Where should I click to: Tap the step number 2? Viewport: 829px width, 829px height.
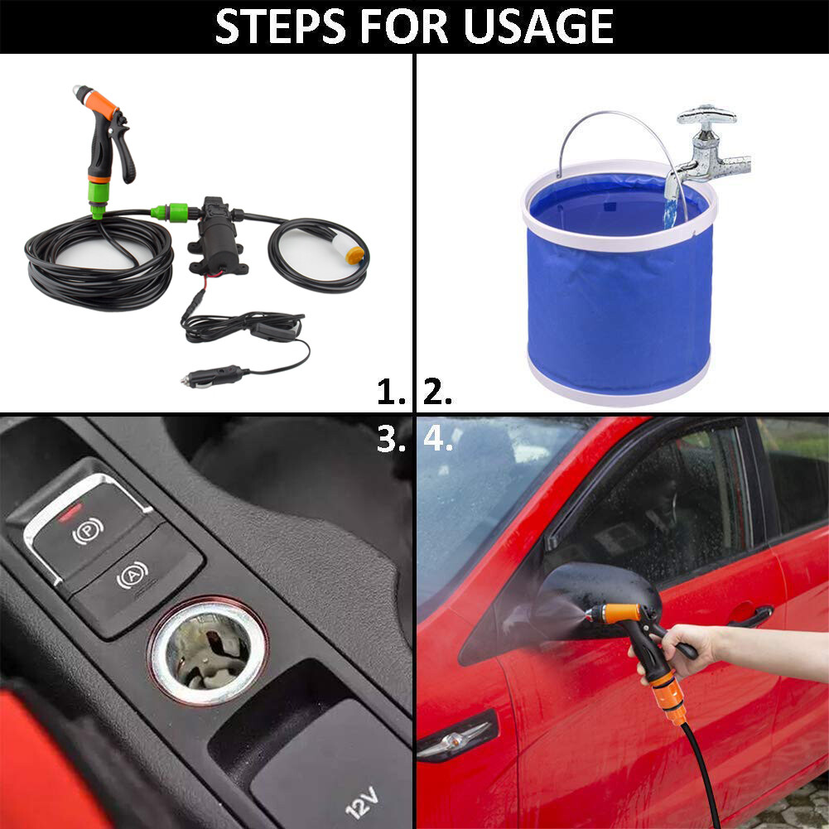click(x=437, y=393)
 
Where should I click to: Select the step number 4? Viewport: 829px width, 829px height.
click(x=438, y=439)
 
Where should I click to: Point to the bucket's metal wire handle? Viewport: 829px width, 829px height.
click(x=613, y=124)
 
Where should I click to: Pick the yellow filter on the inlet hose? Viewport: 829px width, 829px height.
click(x=354, y=253)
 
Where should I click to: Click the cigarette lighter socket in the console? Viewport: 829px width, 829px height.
click(x=207, y=650)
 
